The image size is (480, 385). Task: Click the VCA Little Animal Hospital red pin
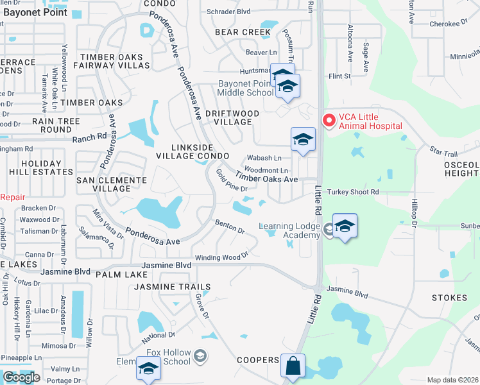(x=329, y=119)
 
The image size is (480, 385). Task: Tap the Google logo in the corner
(x=21, y=377)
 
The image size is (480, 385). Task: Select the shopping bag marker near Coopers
(x=293, y=366)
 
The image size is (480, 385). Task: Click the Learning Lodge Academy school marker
(x=345, y=226)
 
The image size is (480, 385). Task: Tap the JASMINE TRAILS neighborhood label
(x=172, y=286)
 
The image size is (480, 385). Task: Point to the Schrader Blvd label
(x=228, y=12)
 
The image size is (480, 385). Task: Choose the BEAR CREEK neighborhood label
(x=243, y=31)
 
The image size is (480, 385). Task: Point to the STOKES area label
(x=449, y=298)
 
